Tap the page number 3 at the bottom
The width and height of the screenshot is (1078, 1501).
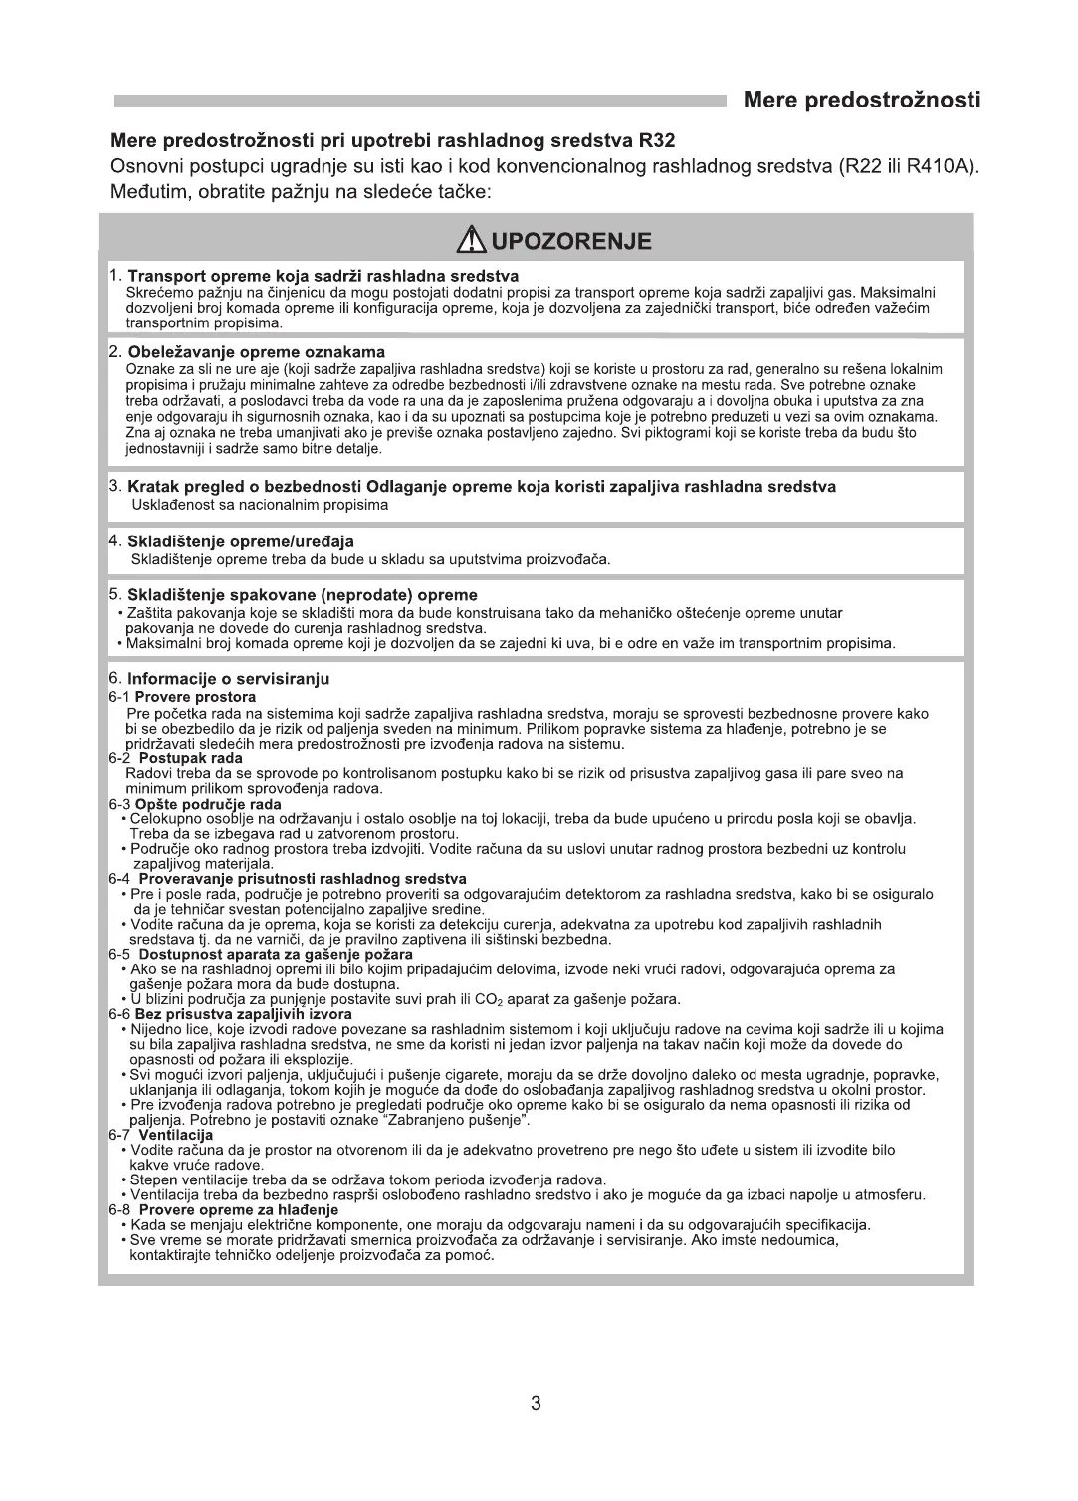536,1404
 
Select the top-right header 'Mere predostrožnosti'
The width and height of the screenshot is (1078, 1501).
861,100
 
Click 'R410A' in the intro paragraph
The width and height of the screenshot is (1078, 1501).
938,165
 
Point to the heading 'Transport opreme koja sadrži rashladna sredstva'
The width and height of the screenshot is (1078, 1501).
323,276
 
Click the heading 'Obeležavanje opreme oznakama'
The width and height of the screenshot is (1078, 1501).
257,352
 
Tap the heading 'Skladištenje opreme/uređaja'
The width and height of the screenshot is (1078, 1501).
241,541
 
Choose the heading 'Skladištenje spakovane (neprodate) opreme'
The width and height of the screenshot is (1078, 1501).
303,595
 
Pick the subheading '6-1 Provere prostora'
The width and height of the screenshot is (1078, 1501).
182,697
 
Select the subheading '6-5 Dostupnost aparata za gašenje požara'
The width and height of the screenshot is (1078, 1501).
261,954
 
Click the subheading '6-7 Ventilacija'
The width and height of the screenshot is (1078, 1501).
161,1135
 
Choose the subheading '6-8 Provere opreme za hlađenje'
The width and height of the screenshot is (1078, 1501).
224,1209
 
